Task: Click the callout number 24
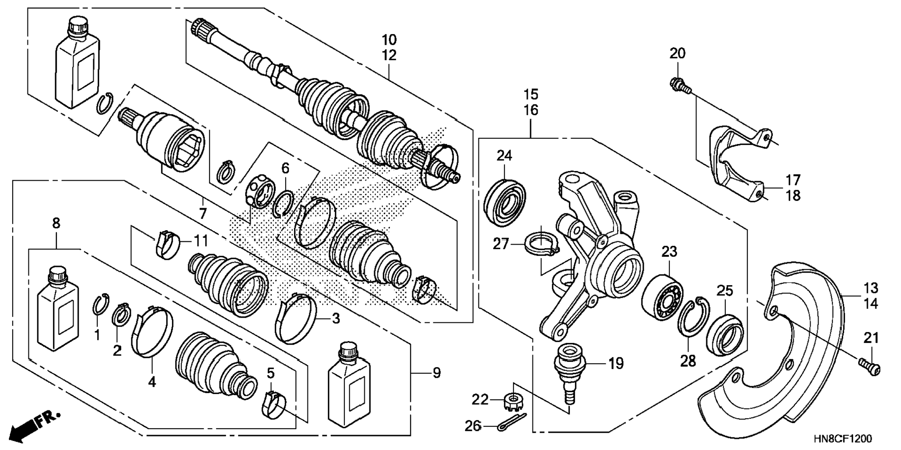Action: tap(504, 155)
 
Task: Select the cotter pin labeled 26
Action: tap(511, 422)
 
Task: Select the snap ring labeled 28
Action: tap(693, 316)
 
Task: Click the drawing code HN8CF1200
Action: tap(843, 439)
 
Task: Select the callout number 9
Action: tap(437, 373)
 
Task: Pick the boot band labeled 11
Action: tap(166, 242)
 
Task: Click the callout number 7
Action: tap(203, 214)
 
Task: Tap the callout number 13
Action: tap(870, 288)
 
